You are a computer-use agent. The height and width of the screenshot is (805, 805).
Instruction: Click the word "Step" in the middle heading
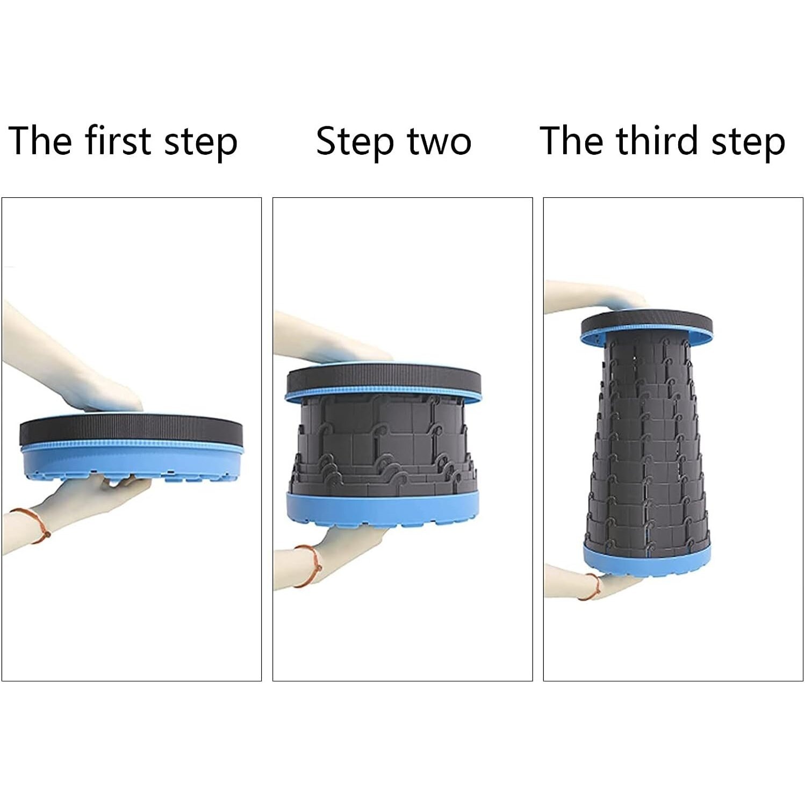355,143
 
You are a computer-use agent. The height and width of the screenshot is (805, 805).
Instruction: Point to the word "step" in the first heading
200,143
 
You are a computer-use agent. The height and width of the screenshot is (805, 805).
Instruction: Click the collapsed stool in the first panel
131,447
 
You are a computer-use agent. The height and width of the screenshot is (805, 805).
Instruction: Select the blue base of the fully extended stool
646,560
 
